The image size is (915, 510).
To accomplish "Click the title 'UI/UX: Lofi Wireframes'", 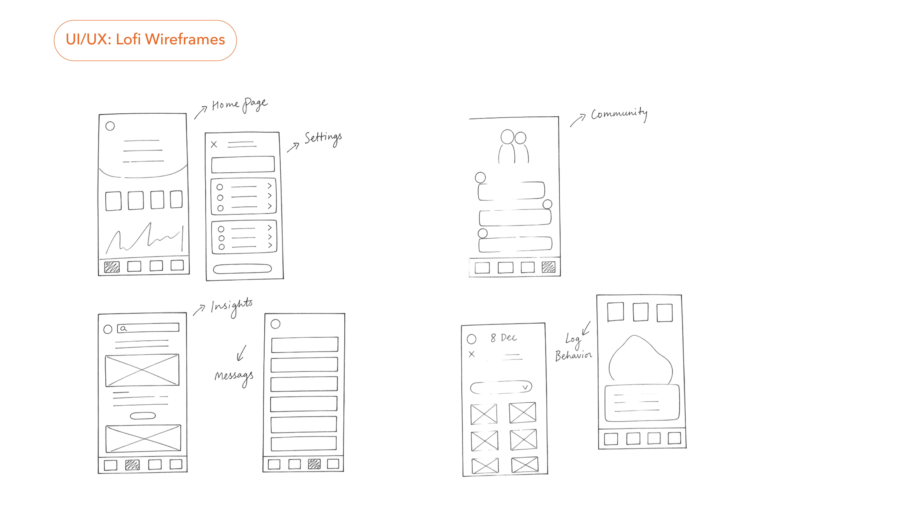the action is (145, 39).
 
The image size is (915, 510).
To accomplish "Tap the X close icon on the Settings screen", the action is (214, 144).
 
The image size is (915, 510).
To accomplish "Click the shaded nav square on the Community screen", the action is (548, 267).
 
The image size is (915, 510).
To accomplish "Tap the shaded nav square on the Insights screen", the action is (132, 464).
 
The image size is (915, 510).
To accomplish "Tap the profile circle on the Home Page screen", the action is (110, 126).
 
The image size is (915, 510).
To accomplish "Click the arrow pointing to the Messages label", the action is (241, 353).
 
